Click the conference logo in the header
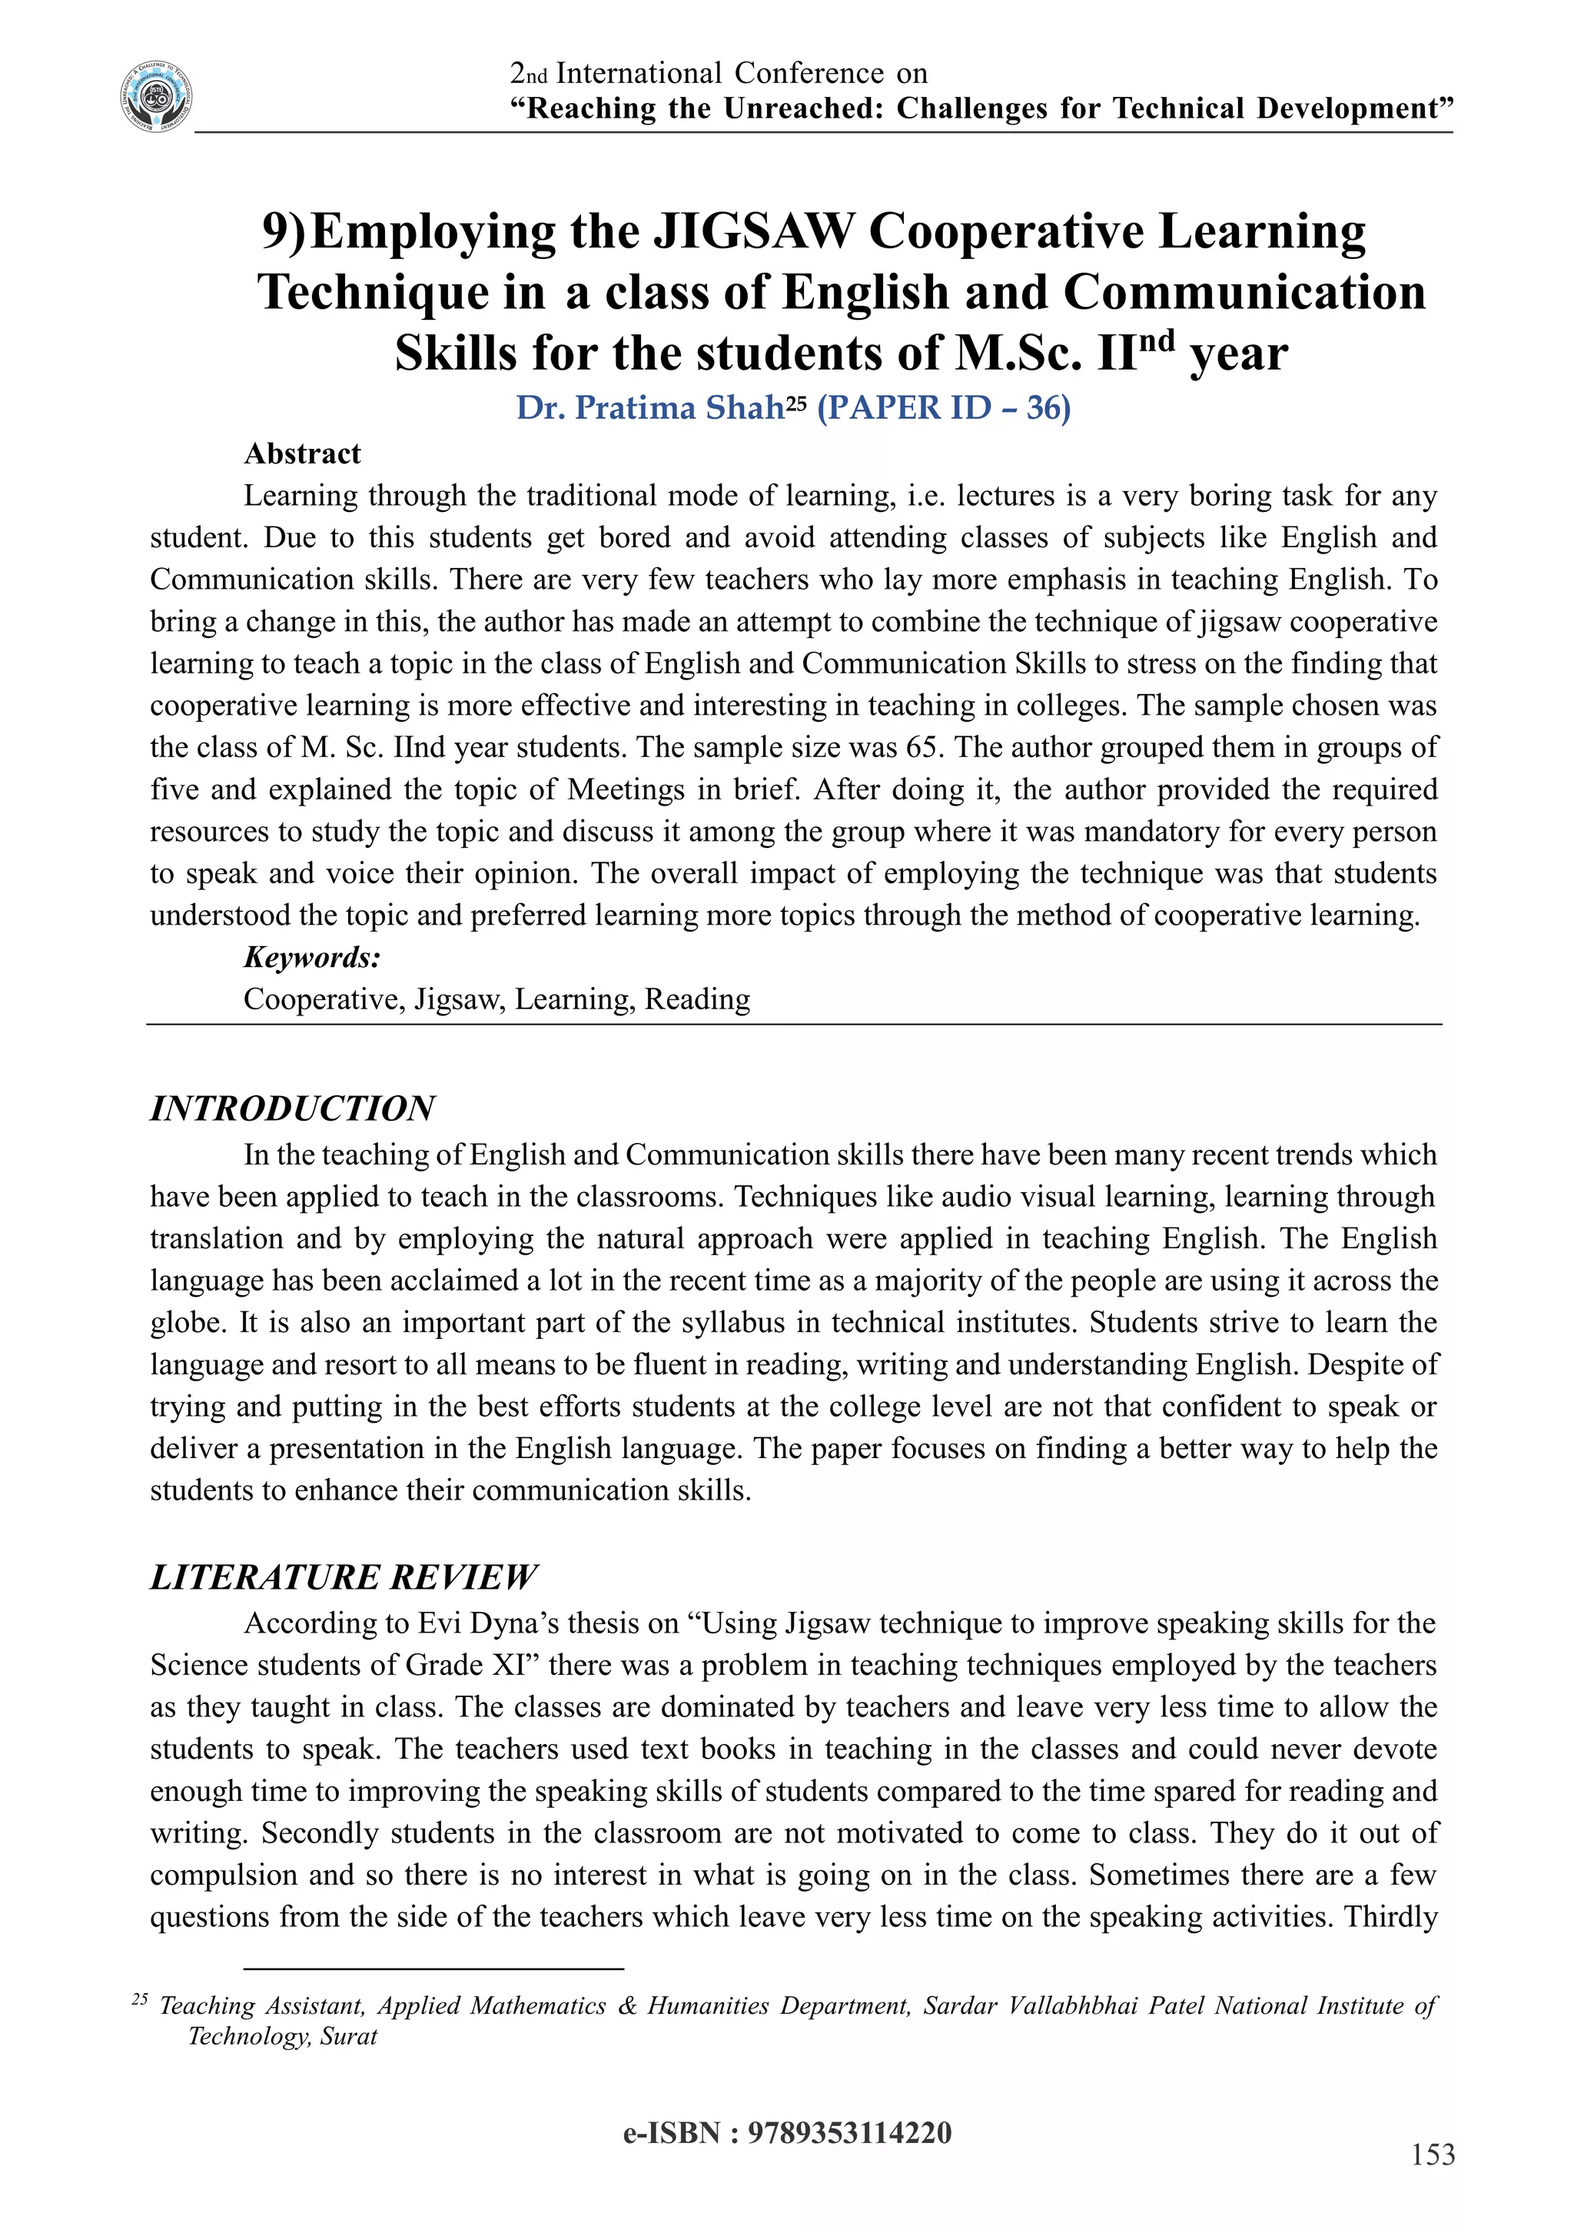(x=156, y=97)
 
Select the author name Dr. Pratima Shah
(x=649, y=408)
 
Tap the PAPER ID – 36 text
(x=943, y=408)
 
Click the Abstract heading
(x=301, y=454)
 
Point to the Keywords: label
(x=311, y=958)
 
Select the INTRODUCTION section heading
(x=292, y=1108)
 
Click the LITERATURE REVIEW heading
(x=342, y=1577)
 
